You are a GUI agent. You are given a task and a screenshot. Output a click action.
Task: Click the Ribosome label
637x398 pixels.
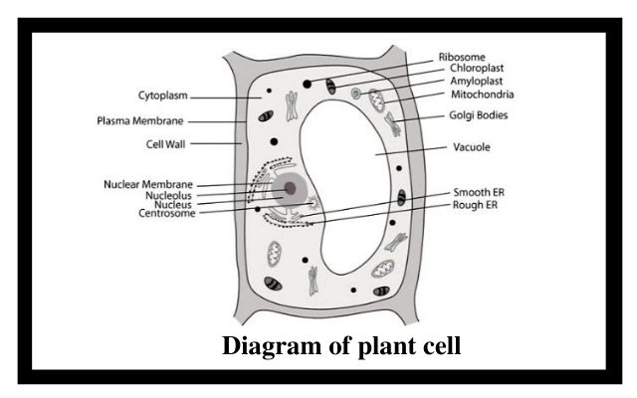point(462,57)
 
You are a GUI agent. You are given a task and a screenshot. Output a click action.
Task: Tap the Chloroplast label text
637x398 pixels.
point(477,69)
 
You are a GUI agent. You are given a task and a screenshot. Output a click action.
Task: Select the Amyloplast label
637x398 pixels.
point(476,82)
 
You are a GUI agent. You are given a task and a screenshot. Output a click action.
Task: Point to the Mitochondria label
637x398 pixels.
point(482,95)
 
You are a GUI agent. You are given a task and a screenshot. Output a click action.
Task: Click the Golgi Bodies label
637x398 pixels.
point(478,115)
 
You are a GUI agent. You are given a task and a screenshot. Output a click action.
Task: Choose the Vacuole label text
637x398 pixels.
point(471,147)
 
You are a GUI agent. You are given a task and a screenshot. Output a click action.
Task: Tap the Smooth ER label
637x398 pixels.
point(479,192)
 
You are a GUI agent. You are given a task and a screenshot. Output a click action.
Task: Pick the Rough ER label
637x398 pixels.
point(475,205)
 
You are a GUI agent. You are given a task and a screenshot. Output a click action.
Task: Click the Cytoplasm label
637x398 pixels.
point(163,96)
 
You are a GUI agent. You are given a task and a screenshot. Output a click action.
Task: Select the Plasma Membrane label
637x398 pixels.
point(140,121)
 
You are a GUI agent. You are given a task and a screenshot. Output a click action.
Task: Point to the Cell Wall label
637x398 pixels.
point(166,144)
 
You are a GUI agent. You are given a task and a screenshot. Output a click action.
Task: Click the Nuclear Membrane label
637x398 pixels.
point(148,184)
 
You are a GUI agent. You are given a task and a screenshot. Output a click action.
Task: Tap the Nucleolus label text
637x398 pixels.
point(168,195)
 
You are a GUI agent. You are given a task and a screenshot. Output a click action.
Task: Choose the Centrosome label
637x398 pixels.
point(167,213)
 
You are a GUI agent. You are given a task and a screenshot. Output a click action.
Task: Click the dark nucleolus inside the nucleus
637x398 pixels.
point(290,188)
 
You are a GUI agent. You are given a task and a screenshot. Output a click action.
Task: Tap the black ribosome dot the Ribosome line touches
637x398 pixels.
point(308,84)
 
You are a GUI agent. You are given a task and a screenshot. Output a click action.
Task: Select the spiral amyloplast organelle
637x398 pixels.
point(356,94)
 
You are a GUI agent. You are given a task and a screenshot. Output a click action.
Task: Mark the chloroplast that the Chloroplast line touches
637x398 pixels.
point(331,87)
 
